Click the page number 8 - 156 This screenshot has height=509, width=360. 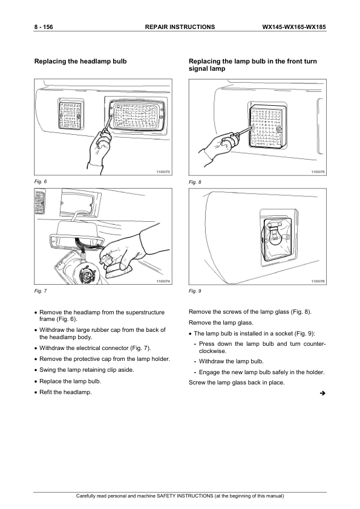(44, 27)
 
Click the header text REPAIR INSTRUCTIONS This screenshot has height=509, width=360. (180, 27)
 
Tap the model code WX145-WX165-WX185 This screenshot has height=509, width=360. (294, 27)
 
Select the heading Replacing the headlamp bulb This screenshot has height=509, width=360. (80, 61)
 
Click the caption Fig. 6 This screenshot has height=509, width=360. (41, 181)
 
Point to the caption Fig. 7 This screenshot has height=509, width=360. (41, 291)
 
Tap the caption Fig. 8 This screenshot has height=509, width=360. (195, 182)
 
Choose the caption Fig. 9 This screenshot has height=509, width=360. (195, 291)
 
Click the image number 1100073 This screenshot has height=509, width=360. (163, 172)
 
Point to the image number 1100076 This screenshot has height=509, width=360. (318, 281)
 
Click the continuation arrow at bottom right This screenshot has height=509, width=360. (322, 394)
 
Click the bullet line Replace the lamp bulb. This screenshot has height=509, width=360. (70, 381)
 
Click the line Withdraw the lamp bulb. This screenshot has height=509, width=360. (231, 361)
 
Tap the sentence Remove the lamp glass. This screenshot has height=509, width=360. (221, 323)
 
